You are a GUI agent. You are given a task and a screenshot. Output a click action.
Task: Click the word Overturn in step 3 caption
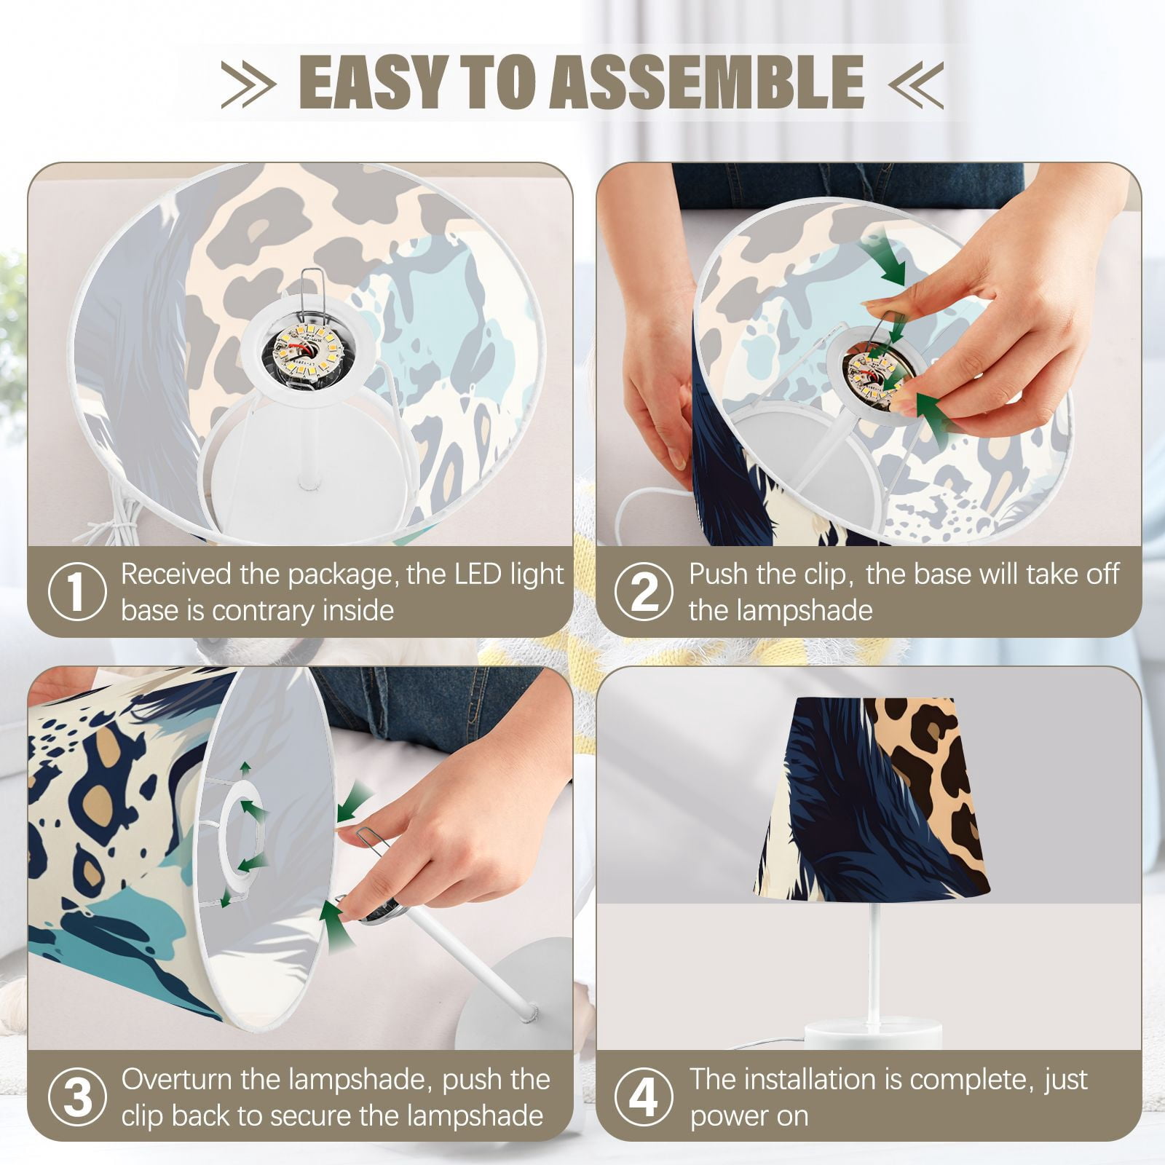click(x=177, y=1079)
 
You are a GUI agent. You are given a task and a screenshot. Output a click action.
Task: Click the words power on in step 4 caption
click(x=749, y=1116)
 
